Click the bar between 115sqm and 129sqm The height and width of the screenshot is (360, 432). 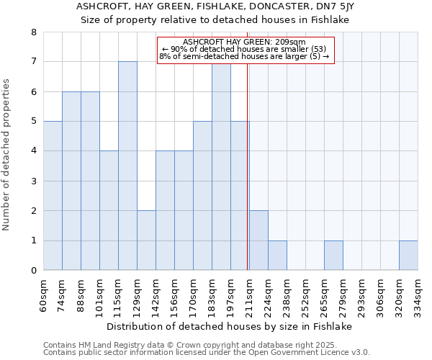(x=127, y=166)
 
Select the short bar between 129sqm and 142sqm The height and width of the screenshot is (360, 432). (x=146, y=240)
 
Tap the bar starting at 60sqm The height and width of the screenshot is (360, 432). (x=53, y=196)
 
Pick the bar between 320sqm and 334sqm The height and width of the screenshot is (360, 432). (x=408, y=256)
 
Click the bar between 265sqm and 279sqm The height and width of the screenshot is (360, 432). (x=333, y=256)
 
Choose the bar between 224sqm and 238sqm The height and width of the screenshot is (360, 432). (x=277, y=256)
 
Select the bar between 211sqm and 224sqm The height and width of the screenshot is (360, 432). (x=258, y=240)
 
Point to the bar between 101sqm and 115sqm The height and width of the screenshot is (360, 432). (x=109, y=210)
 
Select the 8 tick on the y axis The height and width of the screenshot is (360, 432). (x=34, y=32)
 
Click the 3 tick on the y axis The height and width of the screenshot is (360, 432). (x=34, y=181)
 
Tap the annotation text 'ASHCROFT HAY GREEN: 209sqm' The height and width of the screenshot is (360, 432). (x=244, y=42)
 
